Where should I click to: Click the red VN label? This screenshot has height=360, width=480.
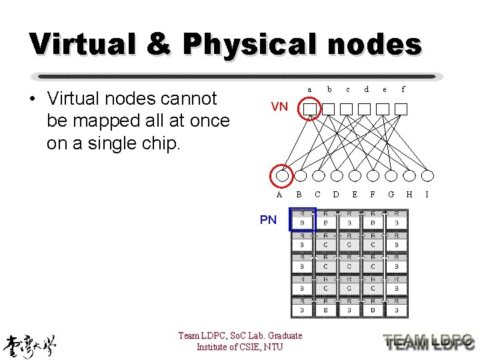click(279, 107)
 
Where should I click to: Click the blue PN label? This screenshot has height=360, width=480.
click(268, 220)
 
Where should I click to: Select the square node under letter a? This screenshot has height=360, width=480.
click(309, 108)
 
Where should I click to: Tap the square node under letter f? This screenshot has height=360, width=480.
click(401, 108)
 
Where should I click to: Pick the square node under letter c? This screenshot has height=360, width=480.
click(346, 108)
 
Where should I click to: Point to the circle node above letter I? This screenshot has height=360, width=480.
click(427, 175)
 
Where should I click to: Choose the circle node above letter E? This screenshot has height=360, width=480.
click(355, 175)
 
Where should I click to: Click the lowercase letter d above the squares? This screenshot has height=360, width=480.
click(366, 89)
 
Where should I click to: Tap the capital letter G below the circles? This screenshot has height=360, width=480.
click(391, 195)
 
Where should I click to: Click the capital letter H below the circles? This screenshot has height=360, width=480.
click(409, 195)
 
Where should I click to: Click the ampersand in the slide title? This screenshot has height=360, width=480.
click(155, 44)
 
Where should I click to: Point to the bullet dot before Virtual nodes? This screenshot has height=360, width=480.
click(31, 100)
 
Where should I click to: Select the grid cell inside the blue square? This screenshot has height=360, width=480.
click(302, 219)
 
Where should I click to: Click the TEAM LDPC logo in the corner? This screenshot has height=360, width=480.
click(429, 342)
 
